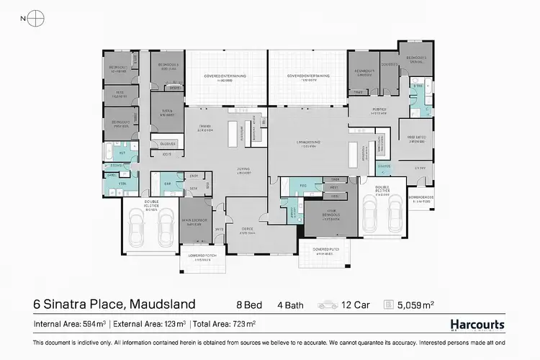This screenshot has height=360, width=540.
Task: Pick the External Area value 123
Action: [176, 325]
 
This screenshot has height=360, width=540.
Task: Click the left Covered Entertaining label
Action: [225, 77]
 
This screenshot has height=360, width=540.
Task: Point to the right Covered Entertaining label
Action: [308, 77]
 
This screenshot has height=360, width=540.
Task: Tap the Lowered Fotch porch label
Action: [201, 257]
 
